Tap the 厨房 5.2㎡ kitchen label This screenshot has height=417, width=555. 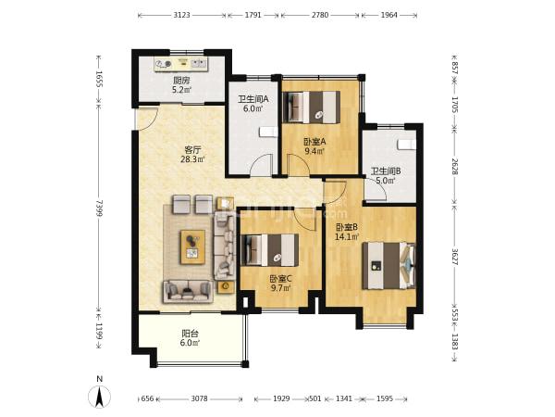click(181, 85)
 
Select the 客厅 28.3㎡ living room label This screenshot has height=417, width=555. click(192, 154)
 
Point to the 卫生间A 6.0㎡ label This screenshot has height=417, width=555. click(253, 104)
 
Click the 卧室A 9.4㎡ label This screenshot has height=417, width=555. click(314, 146)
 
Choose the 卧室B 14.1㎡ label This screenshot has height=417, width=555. click(347, 232)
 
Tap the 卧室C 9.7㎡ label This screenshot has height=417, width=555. click(280, 284)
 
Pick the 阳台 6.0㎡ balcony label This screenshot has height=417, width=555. click(190, 338)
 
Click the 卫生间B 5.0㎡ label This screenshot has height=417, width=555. click(386, 176)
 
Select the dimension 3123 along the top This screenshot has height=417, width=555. click(181, 15)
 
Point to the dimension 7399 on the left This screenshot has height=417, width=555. click(100, 208)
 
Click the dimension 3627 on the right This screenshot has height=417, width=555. click(455, 256)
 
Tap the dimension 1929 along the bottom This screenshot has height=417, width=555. click(282, 398)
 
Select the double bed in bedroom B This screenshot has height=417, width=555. click(388, 266)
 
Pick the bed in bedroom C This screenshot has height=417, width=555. click(270, 250)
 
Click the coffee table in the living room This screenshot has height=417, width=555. click(193, 247)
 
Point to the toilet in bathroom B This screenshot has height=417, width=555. click(407, 145)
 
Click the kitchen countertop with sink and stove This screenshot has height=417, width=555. click(181, 64)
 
